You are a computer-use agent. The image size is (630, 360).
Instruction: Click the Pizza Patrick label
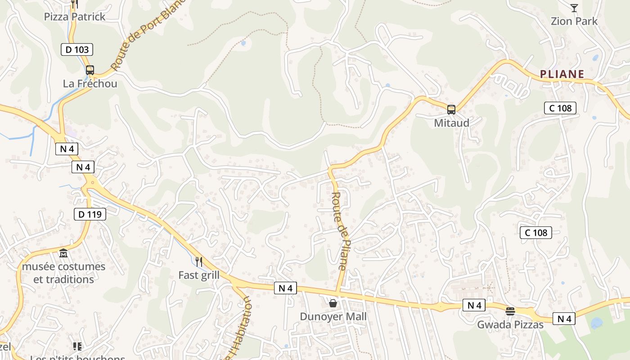(x=75, y=17)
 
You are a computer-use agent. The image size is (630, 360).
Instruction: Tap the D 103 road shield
(x=77, y=49)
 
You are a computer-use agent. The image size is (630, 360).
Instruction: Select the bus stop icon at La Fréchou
(x=90, y=70)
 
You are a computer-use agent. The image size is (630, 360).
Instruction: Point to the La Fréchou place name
(x=90, y=84)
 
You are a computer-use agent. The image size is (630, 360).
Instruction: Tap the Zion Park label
(x=574, y=21)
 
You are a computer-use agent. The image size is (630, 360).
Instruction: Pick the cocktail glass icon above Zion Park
(x=574, y=8)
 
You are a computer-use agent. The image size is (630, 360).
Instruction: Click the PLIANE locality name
(x=562, y=74)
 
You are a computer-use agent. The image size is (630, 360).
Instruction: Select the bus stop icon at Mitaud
(x=451, y=109)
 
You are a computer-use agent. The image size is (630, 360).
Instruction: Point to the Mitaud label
(x=451, y=123)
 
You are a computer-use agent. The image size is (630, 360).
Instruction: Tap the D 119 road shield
(x=90, y=214)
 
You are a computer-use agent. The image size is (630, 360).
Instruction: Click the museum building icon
(x=63, y=253)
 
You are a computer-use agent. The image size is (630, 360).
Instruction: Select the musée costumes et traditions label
(x=63, y=273)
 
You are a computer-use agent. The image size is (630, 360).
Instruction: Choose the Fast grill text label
(x=199, y=275)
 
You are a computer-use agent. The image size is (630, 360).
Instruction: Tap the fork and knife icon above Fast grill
(x=198, y=261)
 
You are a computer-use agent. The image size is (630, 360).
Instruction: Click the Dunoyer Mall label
(x=333, y=316)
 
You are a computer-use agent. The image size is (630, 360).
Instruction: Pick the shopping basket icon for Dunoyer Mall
(x=333, y=303)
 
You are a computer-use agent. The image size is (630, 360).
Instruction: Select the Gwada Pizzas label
(x=510, y=324)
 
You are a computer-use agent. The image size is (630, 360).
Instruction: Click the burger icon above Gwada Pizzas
(x=510, y=311)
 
